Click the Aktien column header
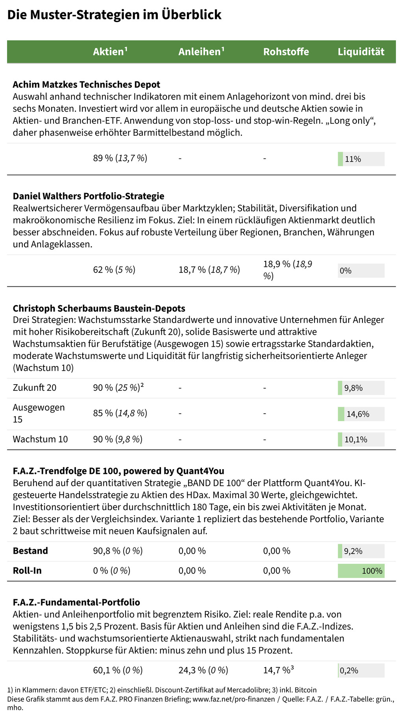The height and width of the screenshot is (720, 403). (110, 52)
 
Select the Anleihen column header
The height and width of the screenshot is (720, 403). (201, 52)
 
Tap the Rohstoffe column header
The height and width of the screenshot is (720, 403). (286, 52)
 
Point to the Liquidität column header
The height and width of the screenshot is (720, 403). (361, 52)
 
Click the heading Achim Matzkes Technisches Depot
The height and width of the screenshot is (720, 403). (87, 85)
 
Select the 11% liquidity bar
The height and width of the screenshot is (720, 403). (361, 159)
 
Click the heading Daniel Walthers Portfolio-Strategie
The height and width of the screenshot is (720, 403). (89, 196)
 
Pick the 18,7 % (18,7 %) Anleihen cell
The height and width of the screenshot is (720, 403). (209, 270)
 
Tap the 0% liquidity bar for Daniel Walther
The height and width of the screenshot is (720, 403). (361, 271)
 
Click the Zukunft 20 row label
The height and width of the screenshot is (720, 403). (35, 388)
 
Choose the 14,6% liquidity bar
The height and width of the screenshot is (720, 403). (361, 414)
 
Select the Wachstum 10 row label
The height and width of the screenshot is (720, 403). (40, 439)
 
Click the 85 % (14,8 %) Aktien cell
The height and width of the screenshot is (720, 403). (120, 413)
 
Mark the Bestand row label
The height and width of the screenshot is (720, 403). (30, 551)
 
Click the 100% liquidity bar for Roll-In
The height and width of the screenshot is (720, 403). (361, 571)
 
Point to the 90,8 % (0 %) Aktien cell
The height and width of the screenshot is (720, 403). (118, 551)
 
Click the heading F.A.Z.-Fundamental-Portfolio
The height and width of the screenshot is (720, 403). (76, 602)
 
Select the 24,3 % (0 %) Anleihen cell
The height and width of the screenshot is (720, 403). (203, 670)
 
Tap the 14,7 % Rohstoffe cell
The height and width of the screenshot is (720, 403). (279, 670)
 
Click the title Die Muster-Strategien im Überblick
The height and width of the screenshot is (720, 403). (114, 15)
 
